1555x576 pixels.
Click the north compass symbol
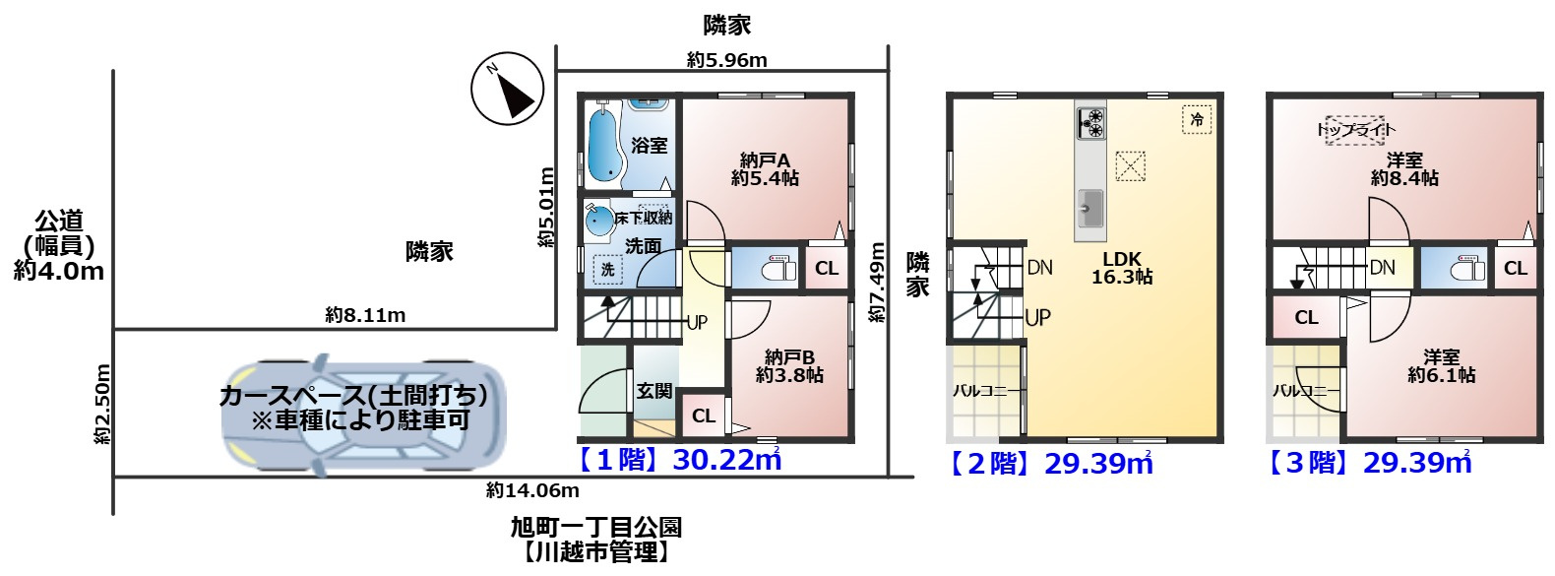point(507,88)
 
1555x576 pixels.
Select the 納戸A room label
point(765,169)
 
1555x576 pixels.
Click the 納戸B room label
point(789,366)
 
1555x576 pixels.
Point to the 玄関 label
point(654,391)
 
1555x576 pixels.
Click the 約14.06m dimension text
point(532,490)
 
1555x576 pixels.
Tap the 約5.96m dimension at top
point(726,60)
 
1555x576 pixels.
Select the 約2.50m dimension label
point(102,404)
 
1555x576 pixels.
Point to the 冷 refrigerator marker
point(1197,120)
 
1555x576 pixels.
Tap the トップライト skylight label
point(1356,130)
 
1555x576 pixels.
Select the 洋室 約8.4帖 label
point(1404,169)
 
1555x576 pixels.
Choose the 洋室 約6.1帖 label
point(1441,366)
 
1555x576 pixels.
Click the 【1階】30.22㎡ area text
point(679,460)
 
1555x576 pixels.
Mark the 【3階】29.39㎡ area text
point(1369,463)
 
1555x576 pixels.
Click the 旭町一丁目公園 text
point(595,528)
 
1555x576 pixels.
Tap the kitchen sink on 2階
point(1090,207)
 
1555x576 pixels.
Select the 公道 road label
point(59,222)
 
